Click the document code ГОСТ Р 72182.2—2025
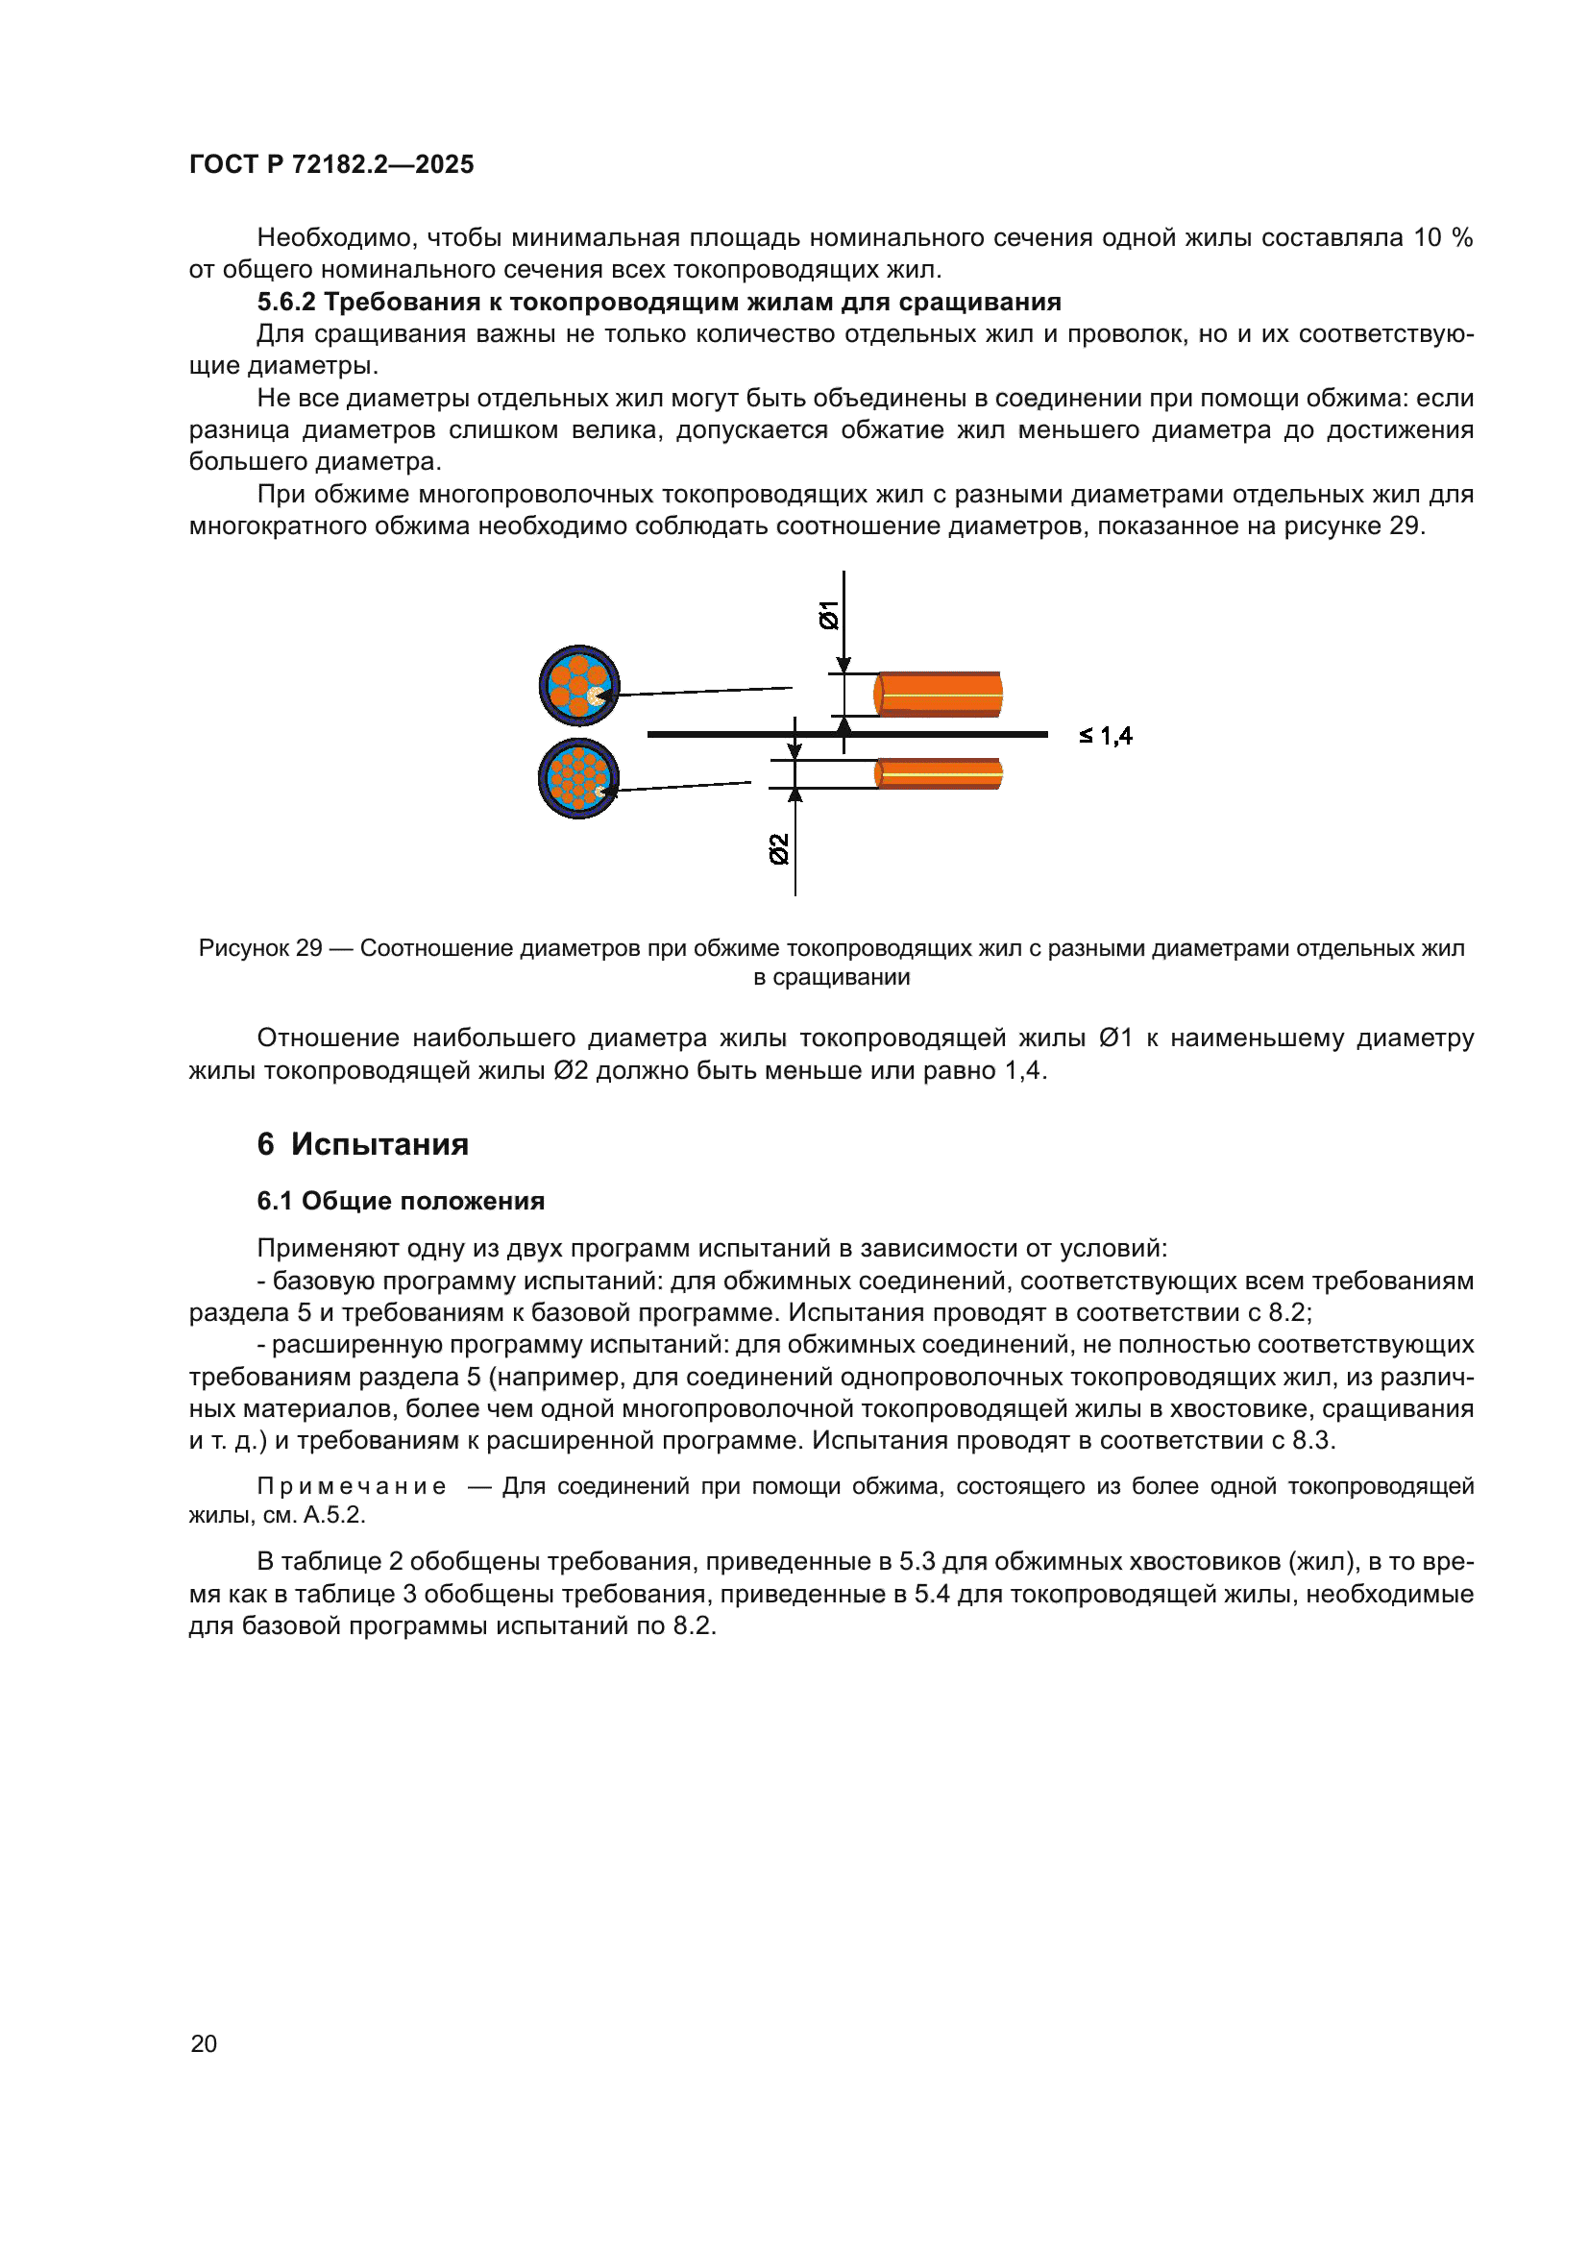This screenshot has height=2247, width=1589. point(330,164)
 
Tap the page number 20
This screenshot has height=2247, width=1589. point(204,2043)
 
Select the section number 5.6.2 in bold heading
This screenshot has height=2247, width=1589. point(285,302)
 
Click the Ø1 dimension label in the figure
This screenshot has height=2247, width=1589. point(829,615)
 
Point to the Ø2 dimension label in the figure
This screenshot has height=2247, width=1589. point(779,848)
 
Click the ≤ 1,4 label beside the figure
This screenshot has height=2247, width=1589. point(1106,736)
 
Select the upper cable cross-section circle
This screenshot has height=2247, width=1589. point(578,685)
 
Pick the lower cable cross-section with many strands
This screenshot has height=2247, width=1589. point(577,778)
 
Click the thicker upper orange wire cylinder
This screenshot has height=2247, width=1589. point(938,694)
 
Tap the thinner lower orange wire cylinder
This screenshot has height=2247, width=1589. point(938,773)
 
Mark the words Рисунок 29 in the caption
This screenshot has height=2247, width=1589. point(260,948)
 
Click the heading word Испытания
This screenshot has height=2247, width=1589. point(379,1144)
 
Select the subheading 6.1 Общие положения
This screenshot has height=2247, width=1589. point(401,1201)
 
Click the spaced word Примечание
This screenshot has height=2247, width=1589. point(352,1485)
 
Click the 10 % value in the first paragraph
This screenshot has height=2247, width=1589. point(1442,238)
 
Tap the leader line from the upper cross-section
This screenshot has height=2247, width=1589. point(704,691)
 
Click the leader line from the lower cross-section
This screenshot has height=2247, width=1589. point(685,786)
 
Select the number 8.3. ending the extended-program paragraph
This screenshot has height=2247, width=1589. point(1313,1441)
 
